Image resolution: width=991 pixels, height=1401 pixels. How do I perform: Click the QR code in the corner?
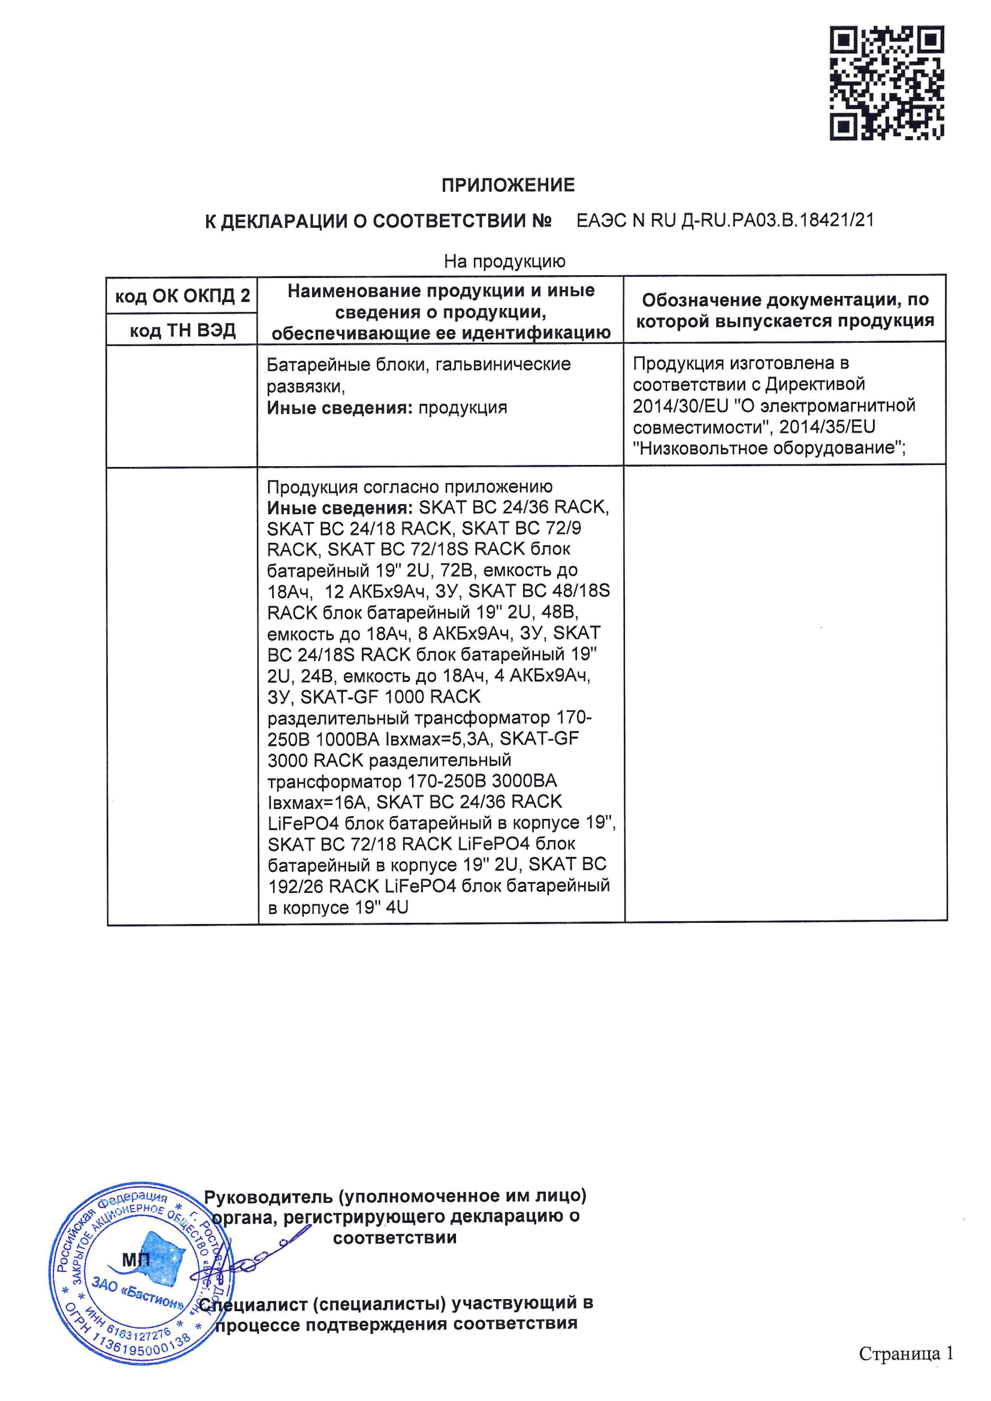click(x=886, y=83)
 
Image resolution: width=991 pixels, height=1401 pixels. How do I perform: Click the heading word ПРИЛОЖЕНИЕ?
click(x=507, y=185)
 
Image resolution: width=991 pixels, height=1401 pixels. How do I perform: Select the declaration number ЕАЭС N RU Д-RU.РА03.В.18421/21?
click(x=725, y=221)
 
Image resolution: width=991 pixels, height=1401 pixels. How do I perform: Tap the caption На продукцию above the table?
click(x=504, y=262)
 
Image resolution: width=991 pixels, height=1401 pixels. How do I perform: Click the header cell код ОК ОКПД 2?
click(x=183, y=296)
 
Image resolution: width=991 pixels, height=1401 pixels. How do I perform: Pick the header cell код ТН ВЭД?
click(x=183, y=330)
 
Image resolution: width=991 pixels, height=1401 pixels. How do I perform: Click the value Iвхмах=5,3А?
click(x=437, y=739)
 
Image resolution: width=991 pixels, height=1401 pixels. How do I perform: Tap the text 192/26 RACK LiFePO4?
click(x=362, y=886)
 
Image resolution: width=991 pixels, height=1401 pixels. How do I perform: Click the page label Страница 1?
click(x=905, y=1354)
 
